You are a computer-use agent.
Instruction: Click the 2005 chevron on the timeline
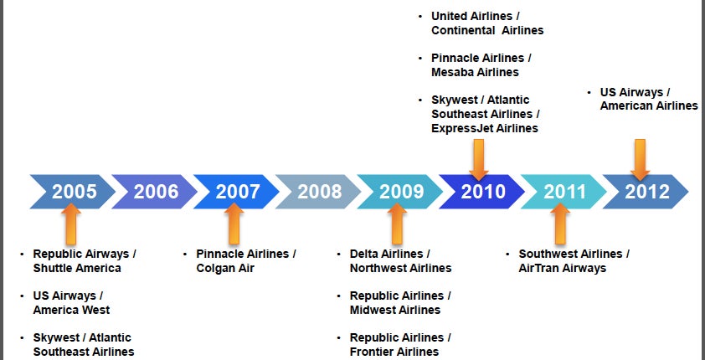click(72, 192)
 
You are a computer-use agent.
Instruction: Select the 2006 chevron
click(154, 192)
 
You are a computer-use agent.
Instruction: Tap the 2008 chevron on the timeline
click(318, 192)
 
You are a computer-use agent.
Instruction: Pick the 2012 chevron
click(646, 192)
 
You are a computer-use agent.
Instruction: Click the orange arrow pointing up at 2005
click(71, 224)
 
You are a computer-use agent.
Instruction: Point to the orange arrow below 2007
click(234, 224)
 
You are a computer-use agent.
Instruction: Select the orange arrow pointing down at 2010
click(479, 160)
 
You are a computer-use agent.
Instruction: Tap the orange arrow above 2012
click(640, 160)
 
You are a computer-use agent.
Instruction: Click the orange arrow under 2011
click(560, 224)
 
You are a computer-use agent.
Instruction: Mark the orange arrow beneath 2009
click(397, 224)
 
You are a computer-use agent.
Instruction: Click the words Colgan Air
click(225, 268)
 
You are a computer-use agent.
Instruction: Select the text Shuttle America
click(77, 268)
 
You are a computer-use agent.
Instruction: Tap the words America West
click(71, 310)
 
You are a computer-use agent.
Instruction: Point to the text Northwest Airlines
click(400, 268)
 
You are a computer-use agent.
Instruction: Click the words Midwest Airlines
click(395, 310)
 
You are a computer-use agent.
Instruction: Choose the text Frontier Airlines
click(394, 352)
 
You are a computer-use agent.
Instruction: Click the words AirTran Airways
click(563, 268)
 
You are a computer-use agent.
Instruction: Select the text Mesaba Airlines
click(475, 72)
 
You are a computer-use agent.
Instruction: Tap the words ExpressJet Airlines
click(485, 128)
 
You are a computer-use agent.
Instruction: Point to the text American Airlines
click(649, 106)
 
